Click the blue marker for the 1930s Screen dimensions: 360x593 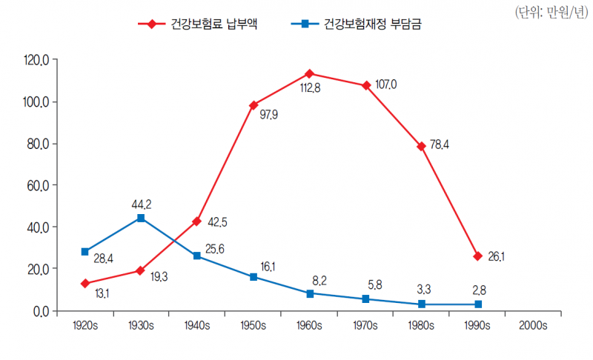pyautogui.click(x=141, y=218)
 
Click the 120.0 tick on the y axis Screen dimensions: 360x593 pyautogui.click(x=36, y=60)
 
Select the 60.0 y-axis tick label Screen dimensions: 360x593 pyautogui.click(x=36, y=185)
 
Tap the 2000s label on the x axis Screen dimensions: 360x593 pyautogui.click(x=533, y=325)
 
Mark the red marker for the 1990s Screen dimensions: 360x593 pyautogui.click(x=478, y=256)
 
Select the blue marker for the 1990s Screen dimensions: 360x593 pyautogui.click(x=478, y=304)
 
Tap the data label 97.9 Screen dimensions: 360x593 pyautogui.click(x=268, y=116)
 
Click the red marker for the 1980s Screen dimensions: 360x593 pyautogui.click(x=422, y=147)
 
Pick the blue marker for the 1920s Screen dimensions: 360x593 pyautogui.click(x=85, y=252)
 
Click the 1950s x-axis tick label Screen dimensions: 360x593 pyautogui.click(x=254, y=325)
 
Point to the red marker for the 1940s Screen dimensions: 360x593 pyautogui.click(x=197, y=221)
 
